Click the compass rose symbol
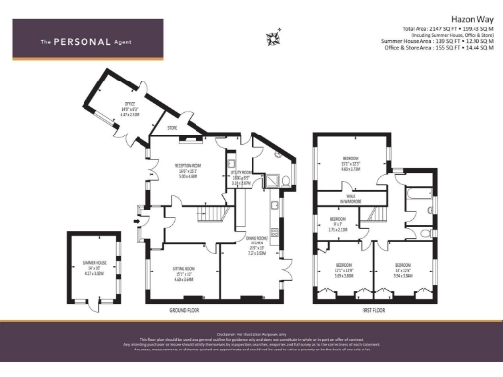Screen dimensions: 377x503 273,38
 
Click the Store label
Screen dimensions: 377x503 171,127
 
